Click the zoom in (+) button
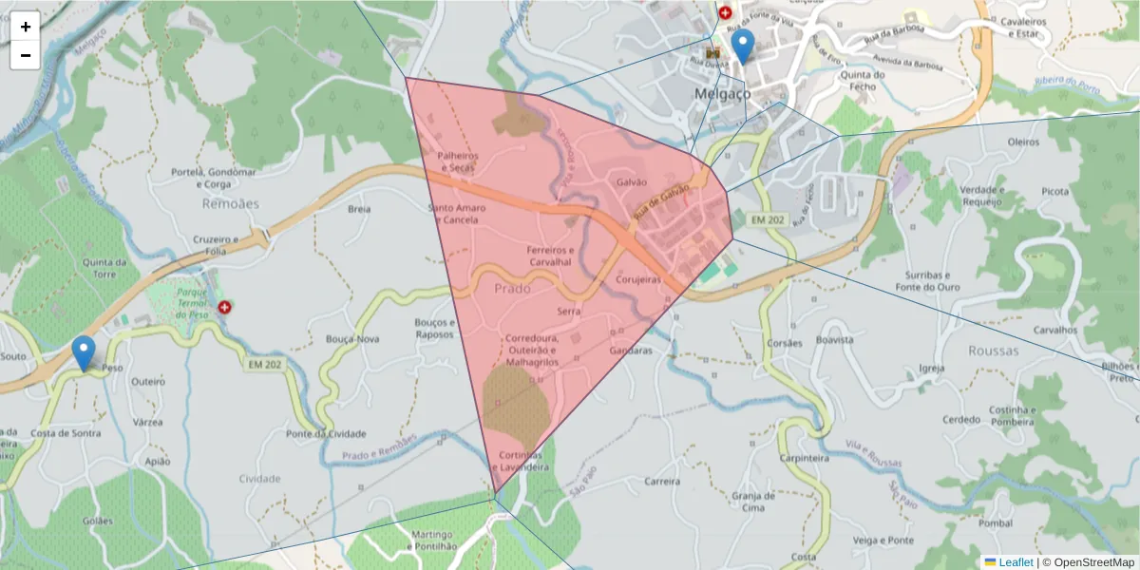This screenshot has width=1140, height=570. tap(26, 27)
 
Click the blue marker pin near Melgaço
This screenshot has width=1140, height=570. tap(743, 47)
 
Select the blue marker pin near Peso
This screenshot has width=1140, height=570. tap(84, 353)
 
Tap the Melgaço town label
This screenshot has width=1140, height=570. tap(722, 94)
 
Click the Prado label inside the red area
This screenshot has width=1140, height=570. tap(512, 286)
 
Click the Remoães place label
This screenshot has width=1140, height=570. tap(230, 203)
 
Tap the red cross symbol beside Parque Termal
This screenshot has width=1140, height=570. tap(225, 308)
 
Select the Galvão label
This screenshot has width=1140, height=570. tap(632, 181)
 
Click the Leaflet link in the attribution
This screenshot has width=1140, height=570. tap(1016, 562)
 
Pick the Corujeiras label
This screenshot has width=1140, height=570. tap(638, 280)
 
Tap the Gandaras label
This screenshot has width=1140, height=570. tap(632, 351)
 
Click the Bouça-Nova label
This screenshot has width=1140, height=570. tap(352, 338)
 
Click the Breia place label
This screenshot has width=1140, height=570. tap(359, 208)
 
